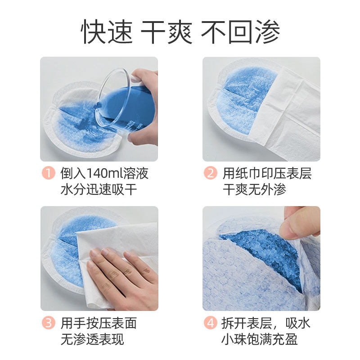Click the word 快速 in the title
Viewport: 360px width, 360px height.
coord(107,32)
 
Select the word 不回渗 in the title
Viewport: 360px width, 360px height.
coord(240,32)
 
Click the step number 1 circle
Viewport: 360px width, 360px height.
coord(49,173)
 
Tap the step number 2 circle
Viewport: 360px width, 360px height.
coord(211,173)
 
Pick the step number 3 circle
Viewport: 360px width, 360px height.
coord(49,323)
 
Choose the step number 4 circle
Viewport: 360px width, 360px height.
coord(211,323)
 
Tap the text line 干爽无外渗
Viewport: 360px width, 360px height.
coord(254,189)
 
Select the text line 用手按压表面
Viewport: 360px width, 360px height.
coord(99,323)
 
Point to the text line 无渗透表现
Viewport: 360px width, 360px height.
coord(92,339)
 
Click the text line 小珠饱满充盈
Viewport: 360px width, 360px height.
coord(261,339)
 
